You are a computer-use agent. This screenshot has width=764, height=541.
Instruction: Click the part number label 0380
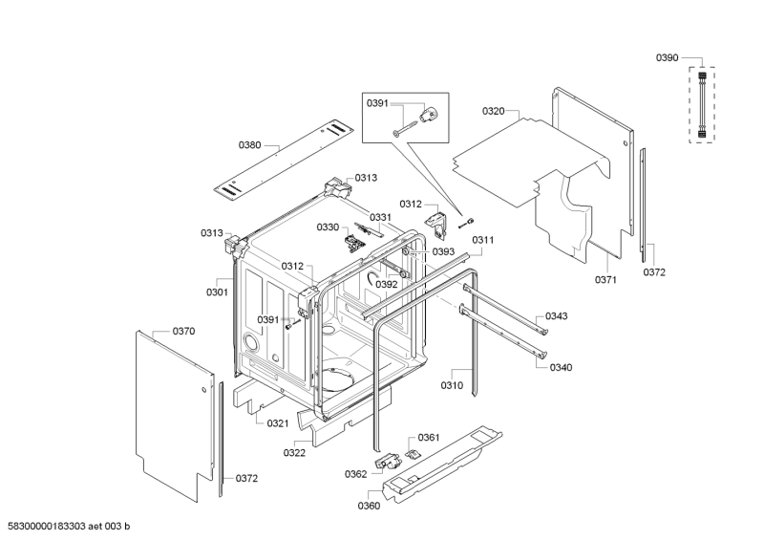point(249,145)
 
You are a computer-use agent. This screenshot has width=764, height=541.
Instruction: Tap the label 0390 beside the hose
point(667,58)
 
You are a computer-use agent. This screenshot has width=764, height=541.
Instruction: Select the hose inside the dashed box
point(702,104)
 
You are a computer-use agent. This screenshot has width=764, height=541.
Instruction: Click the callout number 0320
point(493,111)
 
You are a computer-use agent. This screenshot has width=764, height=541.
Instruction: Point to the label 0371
point(605,279)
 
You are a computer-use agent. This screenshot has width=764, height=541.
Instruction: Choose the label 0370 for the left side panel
point(183,332)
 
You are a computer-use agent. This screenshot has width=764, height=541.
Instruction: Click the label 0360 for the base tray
point(369,506)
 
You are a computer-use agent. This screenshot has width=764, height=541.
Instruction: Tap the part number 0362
point(355,474)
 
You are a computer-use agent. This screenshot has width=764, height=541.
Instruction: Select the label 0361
point(429,437)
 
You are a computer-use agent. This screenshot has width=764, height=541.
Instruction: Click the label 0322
point(294,453)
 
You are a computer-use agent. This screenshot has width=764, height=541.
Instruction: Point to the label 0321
point(278,423)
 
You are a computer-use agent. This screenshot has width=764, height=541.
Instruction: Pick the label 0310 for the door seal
point(452,385)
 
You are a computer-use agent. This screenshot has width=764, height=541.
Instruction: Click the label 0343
point(556,316)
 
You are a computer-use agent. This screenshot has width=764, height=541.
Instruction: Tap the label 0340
point(561,367)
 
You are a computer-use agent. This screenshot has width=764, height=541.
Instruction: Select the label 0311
point(483,240)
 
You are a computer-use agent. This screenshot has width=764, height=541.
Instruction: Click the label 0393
point(443,251)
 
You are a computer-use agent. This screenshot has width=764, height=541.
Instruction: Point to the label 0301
point(217,292)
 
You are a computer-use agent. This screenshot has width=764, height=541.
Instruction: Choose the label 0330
point(328,227)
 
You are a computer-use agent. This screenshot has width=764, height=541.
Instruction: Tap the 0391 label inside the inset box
point(377,103)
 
